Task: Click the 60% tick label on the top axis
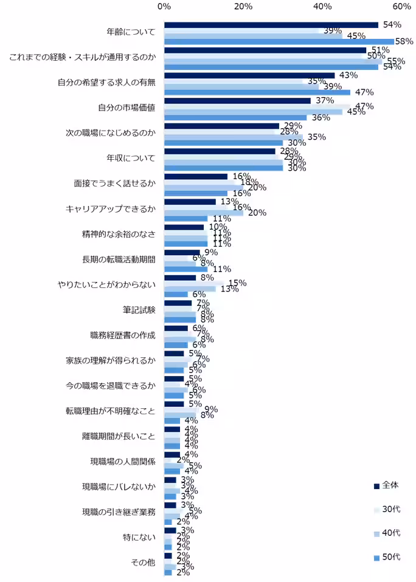pos(401,6)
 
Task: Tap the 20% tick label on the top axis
pos(243,6)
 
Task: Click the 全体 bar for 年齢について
pos(271,25)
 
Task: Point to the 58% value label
pos(404,41)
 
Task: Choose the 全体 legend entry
pos(386,485)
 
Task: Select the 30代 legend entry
pos(386,509)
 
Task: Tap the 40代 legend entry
pos(386,533)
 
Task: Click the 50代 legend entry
pos(386,557)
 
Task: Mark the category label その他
pos(143,563)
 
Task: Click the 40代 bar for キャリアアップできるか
pos(203,213)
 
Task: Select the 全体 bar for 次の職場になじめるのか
pos(221,126)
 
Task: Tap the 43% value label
pos(348,75)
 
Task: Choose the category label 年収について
pos(131,159)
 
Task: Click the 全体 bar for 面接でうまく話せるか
pos(195,176)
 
